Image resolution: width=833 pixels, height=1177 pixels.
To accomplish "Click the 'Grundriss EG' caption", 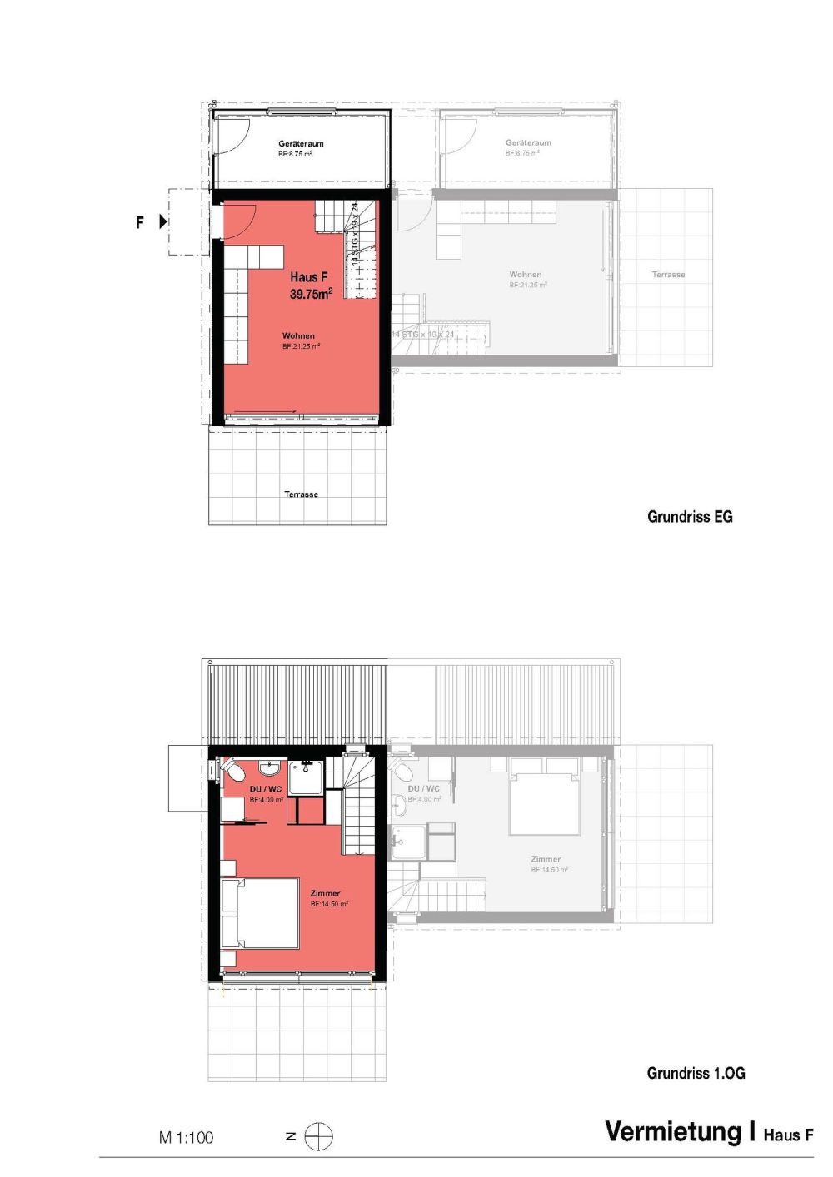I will pyautogui.click(x=690, y=517).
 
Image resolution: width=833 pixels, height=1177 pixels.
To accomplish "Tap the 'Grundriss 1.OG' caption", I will pyautogui.click(x=696, y=1074).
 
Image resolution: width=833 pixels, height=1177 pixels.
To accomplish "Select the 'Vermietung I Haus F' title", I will pyautogui.click(x=709, y=1132).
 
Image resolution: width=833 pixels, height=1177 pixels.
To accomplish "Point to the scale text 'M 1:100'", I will pyautogui.click(x=186, y=1138).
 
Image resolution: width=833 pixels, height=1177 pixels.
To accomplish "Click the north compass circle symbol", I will pyautogui.click(x=318, y=1137).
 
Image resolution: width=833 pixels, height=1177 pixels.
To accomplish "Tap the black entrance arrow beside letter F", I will pyautogui.click(x=163, y=222).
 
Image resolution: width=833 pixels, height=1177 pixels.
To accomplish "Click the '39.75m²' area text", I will pyautogui.click(x=311, y=294).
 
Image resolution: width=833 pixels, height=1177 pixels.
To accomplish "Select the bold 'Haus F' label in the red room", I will pyautogui.click(x=308, y=277).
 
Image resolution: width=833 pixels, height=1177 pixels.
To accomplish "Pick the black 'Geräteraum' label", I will pyautogui.click(x=301, y=143).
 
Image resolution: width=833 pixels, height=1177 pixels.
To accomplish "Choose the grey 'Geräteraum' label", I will pyautogui.click(x=528, y=143).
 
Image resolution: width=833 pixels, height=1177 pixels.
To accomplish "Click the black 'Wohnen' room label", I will pyautogui.click(x=298, y=336).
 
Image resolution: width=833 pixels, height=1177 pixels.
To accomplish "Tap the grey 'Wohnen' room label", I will pyautogui.click(x=526, y=274).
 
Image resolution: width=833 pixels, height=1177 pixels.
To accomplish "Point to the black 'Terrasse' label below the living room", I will pyautogui.click(x=301, y=494).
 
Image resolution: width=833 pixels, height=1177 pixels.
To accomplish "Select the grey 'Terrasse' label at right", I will pyautogui.click(x=668, y=274).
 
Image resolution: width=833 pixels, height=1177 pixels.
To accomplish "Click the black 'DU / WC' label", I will pyautogui.click(x=266, y=789).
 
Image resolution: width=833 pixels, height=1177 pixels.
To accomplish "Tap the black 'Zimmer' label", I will pyautogui.click(x=325, y=893).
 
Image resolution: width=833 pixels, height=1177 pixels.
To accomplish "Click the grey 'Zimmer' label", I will pyautogui.click(x=546, y=859).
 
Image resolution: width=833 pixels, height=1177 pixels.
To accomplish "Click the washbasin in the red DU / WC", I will pyautogui.click(x=270, y=767).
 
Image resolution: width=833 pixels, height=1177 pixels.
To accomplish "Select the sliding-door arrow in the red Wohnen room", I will pyautogui.click(x=267, y=410).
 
